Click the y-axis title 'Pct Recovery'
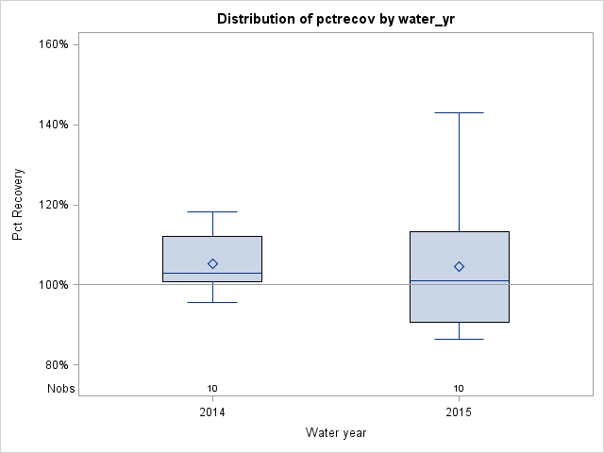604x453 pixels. [18, 205]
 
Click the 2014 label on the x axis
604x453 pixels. [212, 413]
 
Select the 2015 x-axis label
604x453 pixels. [459, 413]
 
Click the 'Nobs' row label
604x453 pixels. [60, 388]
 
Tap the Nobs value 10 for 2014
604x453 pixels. [212, 388]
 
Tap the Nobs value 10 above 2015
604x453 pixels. [459, 388]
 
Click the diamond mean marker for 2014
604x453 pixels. [212, 264]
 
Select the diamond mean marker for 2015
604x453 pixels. [459, 267]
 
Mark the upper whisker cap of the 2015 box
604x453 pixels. [459, 112]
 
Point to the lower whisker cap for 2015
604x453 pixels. [459, 339]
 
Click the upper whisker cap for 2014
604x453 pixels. [212, 211]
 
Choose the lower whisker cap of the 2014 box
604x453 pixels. [212, 302]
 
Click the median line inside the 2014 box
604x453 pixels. [212, 274]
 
